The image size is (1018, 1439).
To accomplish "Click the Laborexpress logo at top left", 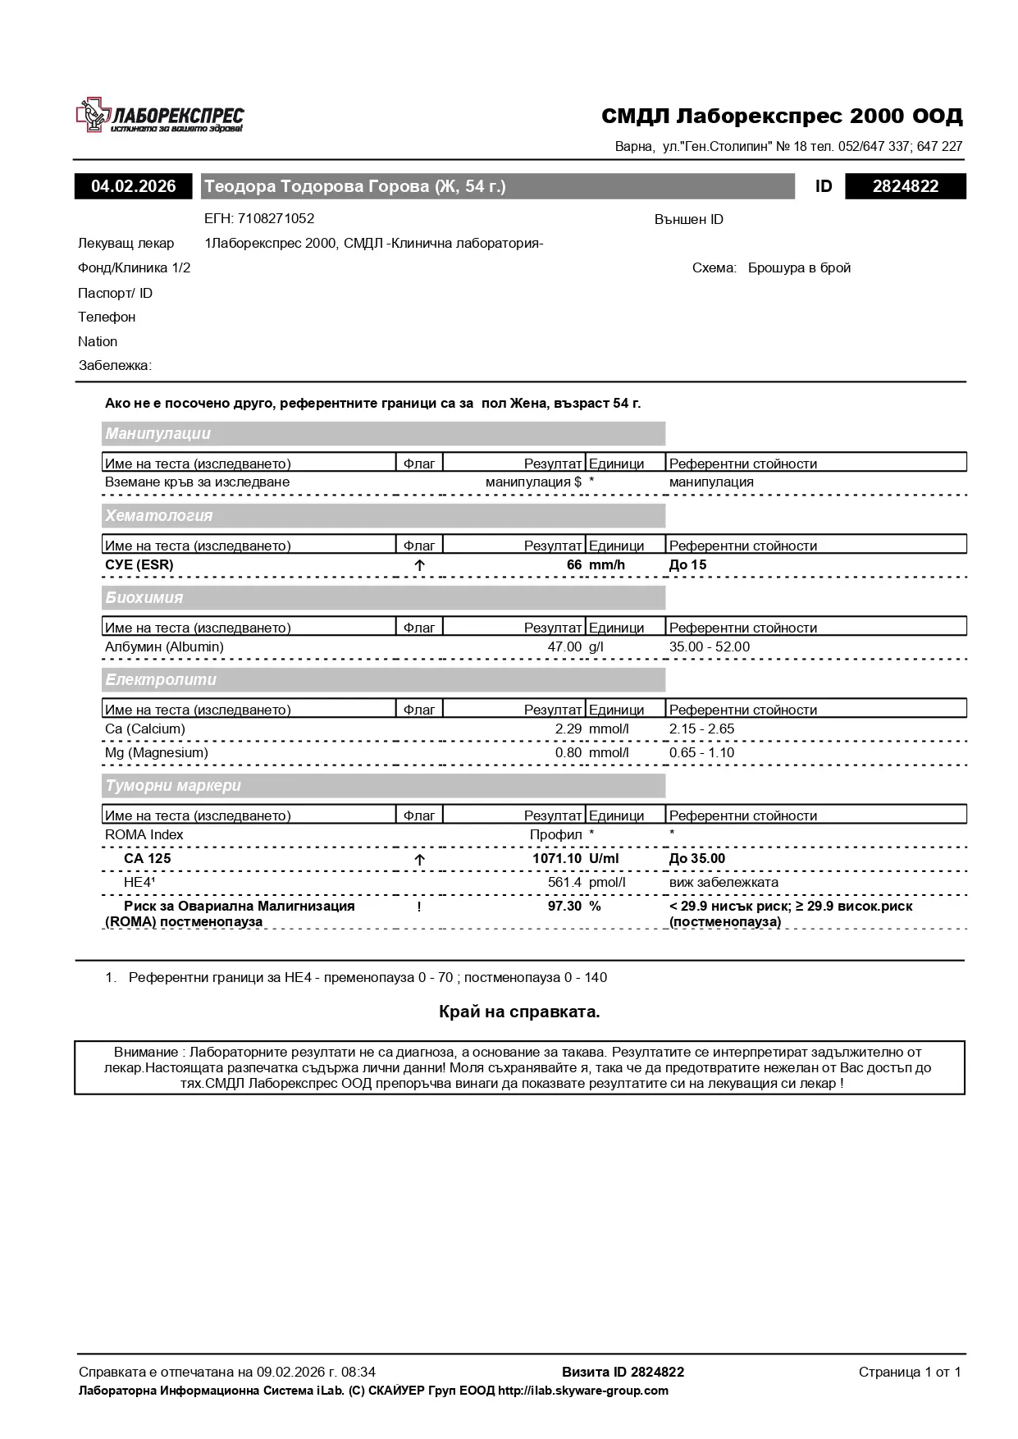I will [x=160, y=116].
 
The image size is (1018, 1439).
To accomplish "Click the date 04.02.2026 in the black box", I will [x=134, y=186].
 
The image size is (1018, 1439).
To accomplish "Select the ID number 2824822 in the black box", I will [x=906, y=186].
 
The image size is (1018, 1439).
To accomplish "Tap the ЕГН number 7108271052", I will [x=276, y=219].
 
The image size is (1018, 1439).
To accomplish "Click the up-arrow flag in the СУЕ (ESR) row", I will [x=419, y=565].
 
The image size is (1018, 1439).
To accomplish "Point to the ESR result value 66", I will [x=573, y=565].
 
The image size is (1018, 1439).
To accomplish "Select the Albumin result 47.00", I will [x=564, y=647].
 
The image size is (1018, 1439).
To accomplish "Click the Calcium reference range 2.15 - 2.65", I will [x=701, y=729].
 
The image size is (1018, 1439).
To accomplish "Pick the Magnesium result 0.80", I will [x=568, y=753].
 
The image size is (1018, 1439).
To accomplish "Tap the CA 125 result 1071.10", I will [x=557, y=859].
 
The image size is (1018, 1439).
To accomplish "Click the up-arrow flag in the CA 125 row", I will [x=419, y=860].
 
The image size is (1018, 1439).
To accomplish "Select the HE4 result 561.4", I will [x=564, y=883].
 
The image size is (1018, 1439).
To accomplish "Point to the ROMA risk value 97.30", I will [x=564, y=907].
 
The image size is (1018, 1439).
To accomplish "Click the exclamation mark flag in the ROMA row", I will [x=419, y=907].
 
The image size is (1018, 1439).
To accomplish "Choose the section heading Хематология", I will [x=159, y=516].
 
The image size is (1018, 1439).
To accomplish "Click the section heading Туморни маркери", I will [x=173, y=786].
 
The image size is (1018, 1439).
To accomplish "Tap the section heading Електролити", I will [x=161, y=680].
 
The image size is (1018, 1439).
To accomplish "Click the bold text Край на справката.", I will [x=519, y=1012].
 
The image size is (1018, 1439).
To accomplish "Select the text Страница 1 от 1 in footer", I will [x=909, y=1372].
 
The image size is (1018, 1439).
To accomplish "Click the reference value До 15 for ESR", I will [x=687, y=565].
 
